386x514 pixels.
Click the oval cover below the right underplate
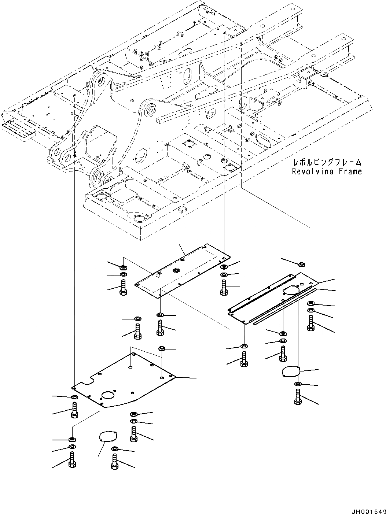[291, 372]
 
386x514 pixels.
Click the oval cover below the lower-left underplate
[107, 437]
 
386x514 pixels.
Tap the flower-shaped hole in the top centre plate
[176, 271]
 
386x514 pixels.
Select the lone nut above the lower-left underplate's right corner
[161, 348]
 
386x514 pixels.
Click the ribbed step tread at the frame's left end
[18, 130]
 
